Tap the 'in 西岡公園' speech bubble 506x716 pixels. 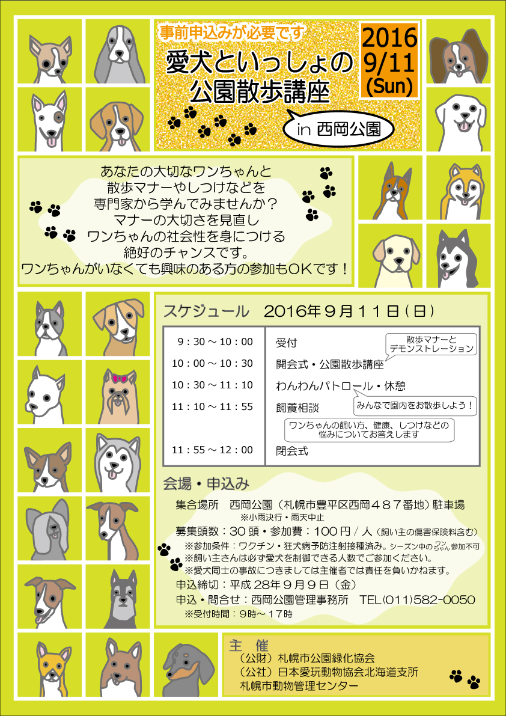pos(338,130)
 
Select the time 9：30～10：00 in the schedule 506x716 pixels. pos(215,341)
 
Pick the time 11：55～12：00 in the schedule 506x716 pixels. pos(212,450)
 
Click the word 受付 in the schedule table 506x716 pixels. pos(286,343)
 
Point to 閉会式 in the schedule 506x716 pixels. pos(292,451)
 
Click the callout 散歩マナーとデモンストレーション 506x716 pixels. pos(430,344)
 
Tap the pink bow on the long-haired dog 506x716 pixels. pos(120,378)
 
